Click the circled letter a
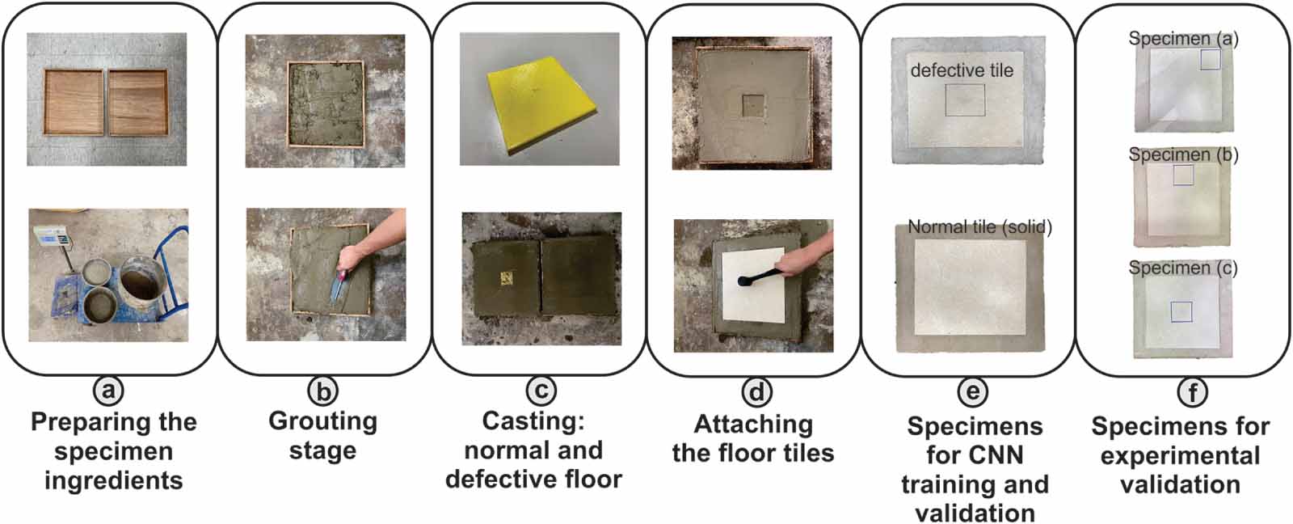coord(108,391)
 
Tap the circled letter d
coord(756,393)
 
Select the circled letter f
coord(1193,393)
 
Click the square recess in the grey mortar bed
coord(753,104)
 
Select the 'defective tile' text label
coord(962,70)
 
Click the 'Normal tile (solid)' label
coord(979,227)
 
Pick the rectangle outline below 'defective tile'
coord(965,99)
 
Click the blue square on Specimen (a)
coord(1210,59)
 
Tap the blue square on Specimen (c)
coord(1181,311)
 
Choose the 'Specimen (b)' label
coord(1183,154)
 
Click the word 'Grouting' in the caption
coord(322,421)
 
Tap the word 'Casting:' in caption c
coord(533,421)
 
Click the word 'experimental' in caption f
coord(1180,455)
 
